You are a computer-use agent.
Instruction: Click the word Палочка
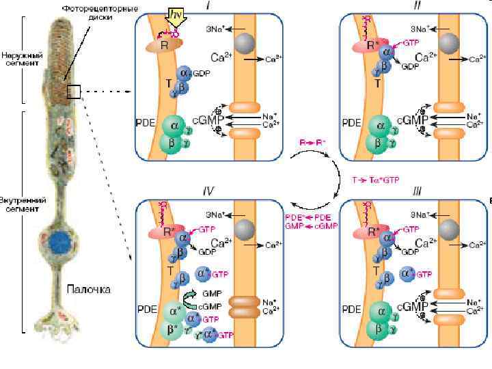tap(88, 289)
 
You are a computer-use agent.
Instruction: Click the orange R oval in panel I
tap(159, 45)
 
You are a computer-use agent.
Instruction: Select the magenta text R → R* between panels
tap(312, 142)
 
